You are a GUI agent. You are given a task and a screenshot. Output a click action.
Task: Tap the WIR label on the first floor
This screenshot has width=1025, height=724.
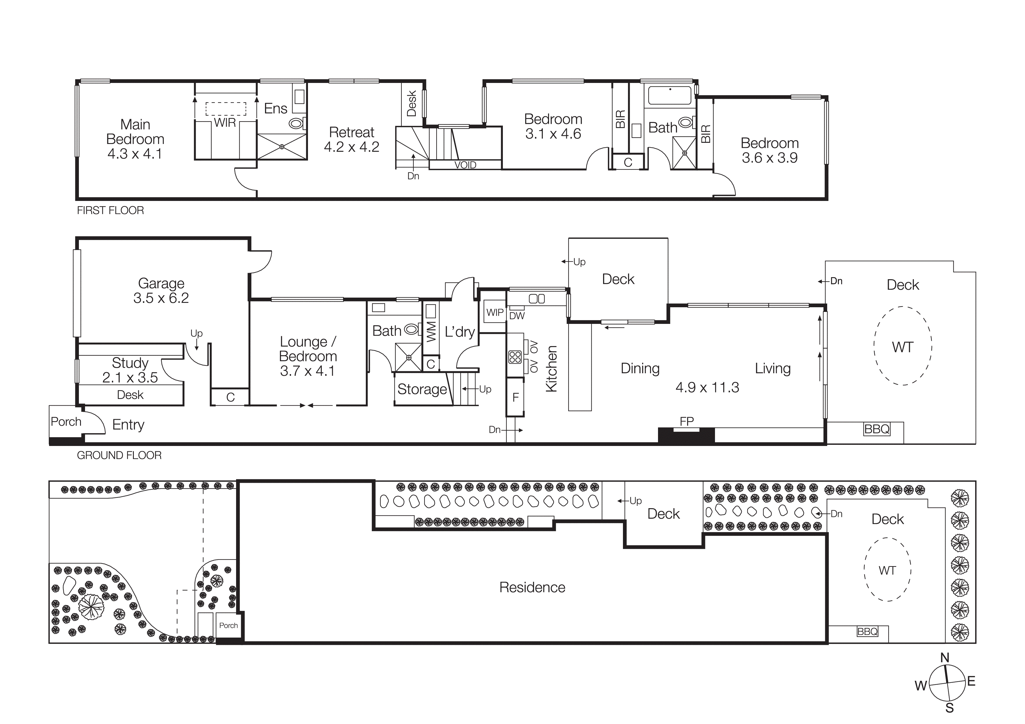click(225, 123)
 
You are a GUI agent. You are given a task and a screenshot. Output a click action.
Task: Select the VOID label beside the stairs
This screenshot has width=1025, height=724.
click(465, 165)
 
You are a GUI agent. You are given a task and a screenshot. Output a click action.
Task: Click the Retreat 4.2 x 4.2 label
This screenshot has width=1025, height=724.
click(351, 139)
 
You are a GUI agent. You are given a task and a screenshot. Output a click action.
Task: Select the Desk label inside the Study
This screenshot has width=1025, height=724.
click(130, 395)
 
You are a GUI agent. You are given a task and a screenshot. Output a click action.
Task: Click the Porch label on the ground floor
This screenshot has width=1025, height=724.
click(66, 421)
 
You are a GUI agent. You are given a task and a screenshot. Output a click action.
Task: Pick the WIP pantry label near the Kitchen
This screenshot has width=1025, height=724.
click(495, 312)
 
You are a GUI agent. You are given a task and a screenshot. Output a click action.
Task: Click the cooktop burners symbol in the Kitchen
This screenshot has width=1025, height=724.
click(515, 357)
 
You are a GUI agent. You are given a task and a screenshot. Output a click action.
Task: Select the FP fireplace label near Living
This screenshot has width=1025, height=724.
click(687, 421)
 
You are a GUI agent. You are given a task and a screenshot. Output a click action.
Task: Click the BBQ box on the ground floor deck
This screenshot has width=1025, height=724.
click(877, 429)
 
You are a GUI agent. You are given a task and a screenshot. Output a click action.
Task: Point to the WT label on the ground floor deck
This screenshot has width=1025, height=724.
click(902, 347)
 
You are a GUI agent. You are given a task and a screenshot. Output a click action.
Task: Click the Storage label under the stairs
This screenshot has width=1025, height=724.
click(422, 389)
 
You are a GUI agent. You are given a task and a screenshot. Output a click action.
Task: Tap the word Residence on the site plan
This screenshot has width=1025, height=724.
click(532, 588)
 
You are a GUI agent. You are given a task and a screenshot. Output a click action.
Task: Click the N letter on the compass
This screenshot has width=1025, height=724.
click(945, 657)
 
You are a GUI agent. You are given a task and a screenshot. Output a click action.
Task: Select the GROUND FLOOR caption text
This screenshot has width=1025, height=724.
click(119, 455)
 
